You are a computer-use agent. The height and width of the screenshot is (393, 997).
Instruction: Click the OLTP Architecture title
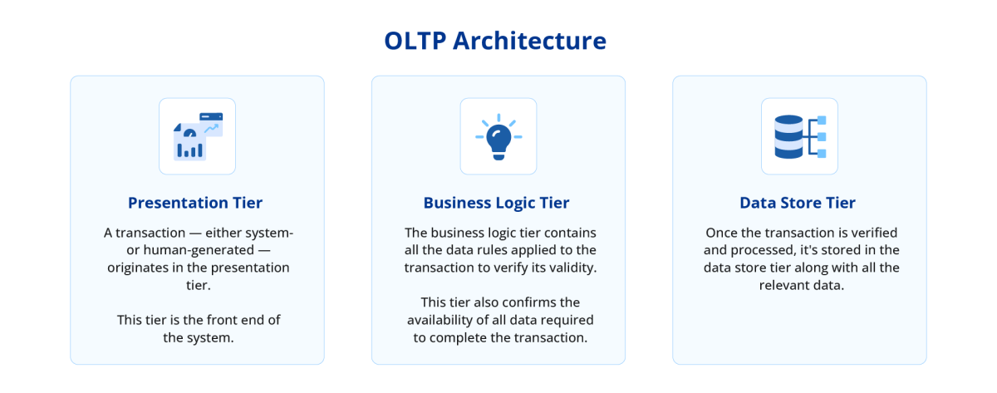tap(495, 41)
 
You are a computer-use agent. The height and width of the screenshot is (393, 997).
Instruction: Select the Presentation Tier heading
tap(195, 203)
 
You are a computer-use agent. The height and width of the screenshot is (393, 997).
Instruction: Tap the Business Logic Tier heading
tap(497, 203)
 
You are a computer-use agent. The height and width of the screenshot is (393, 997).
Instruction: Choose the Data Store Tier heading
tap(798, 203)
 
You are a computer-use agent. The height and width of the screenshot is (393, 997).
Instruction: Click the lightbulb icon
tap(498, 137)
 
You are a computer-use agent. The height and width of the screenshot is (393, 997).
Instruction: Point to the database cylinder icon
tap(788, 137)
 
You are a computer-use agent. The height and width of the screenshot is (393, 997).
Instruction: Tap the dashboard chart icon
tap(197, 137)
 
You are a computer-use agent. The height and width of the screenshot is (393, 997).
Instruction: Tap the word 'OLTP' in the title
tap(415, 41)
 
